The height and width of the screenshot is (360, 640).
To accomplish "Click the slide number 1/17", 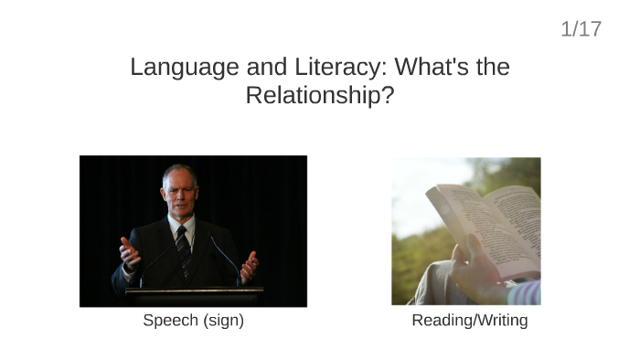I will (x=581, y=29).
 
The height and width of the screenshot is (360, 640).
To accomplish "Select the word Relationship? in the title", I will (x=319, y=95).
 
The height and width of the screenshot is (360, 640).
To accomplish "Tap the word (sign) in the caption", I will (x=224, y=321).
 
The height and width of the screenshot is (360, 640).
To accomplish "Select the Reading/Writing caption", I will (x=469, y=321).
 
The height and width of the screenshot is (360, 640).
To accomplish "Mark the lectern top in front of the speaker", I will (x=194, y=293).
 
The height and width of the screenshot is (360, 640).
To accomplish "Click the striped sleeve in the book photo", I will (x=528, y=293).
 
